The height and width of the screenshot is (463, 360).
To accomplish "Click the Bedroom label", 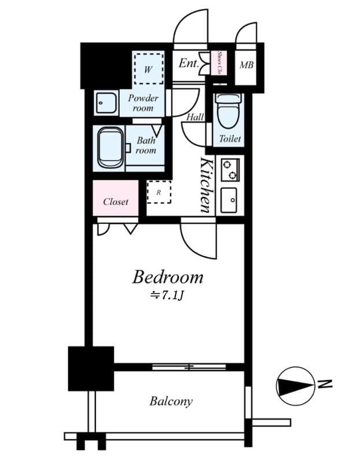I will [167, 277].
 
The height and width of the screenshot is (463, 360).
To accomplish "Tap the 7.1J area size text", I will [167, 296].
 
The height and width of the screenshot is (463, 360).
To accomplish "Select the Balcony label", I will [171, 401].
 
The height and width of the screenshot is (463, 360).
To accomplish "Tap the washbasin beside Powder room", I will [105, 104].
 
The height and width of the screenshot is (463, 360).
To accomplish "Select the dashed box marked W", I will [148, 69].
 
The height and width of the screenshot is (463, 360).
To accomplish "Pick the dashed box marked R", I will [159, 192].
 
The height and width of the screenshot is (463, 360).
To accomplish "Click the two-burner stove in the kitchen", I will [230, 169].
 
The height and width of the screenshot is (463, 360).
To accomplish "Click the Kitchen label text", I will [206, 185].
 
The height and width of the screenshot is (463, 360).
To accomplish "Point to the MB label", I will [247, 65].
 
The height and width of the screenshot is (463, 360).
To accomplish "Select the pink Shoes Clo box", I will [219, 64].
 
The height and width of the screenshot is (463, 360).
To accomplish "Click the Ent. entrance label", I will [189, 63].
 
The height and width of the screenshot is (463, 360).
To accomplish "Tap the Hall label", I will [195, 117].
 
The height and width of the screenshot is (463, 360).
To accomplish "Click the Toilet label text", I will [229, 139].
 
